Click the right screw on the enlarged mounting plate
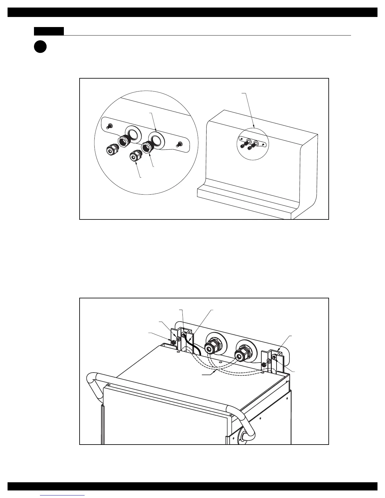pyautogui.click(x=179, y=144)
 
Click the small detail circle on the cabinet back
pyautogui.click(x=252, y=143)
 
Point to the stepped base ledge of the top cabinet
pyautogui.click(x=245, y=201)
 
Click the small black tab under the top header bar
pyautogui.click(x=49, y=31)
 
